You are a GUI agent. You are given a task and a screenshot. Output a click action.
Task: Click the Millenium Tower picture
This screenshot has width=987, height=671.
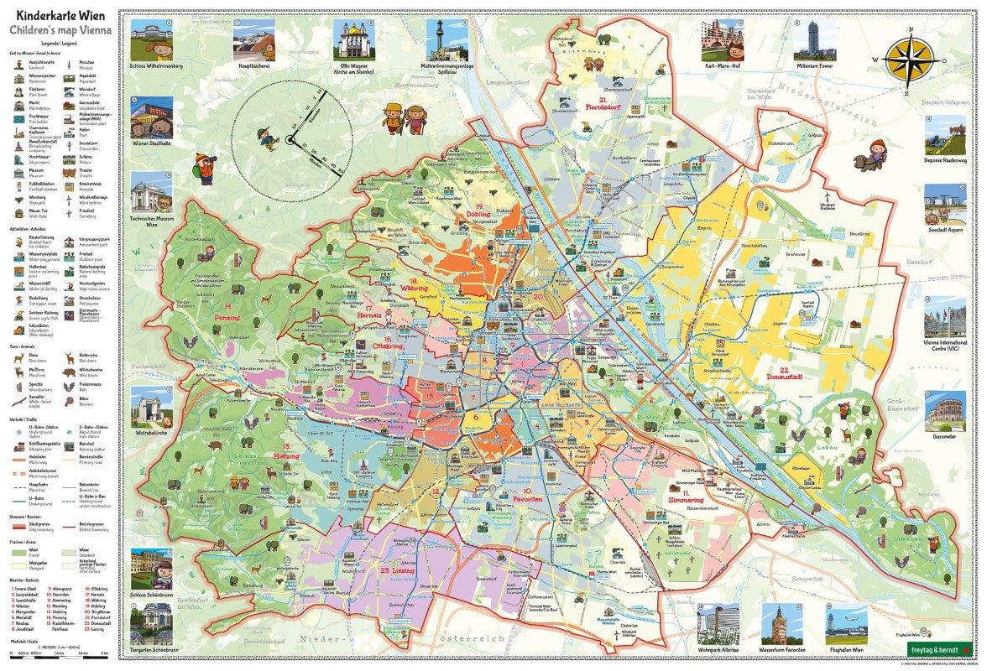click(x=812, y=38)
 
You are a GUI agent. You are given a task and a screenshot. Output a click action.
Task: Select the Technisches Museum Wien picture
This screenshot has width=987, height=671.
click(x=151, y=195)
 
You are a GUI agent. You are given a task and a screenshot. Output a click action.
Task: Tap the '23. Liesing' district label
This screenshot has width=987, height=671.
click(x=395, y=570)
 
